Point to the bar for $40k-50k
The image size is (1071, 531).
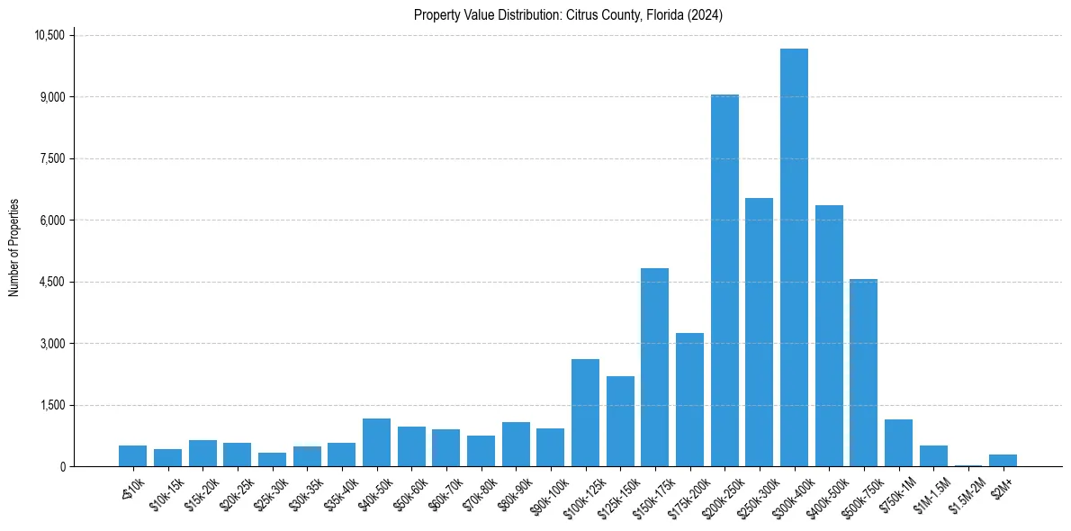coord(376,443)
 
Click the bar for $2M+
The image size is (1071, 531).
coord(1003,460)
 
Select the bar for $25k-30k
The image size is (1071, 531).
coord(272,459)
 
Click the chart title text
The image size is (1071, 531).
coord(568,15)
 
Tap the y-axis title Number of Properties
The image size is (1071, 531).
coord(14,247)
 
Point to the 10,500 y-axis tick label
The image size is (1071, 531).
coord(49,35)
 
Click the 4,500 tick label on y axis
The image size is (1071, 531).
coord(52,282)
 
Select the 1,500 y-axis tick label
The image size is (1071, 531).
coord(52,405)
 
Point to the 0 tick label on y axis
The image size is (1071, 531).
coord(63,466)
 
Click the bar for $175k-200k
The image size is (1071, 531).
coord(689,400)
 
